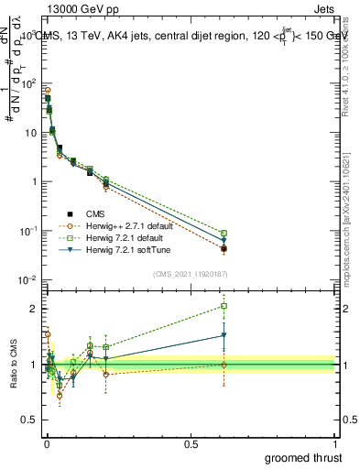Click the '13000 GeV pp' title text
point(73,7)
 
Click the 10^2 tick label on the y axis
point(27,83)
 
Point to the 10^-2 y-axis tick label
point(27,279)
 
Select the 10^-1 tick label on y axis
point(27,231)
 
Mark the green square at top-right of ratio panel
point(224,306)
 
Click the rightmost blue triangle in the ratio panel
point(224,335)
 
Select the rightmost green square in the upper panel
point(224,233)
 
